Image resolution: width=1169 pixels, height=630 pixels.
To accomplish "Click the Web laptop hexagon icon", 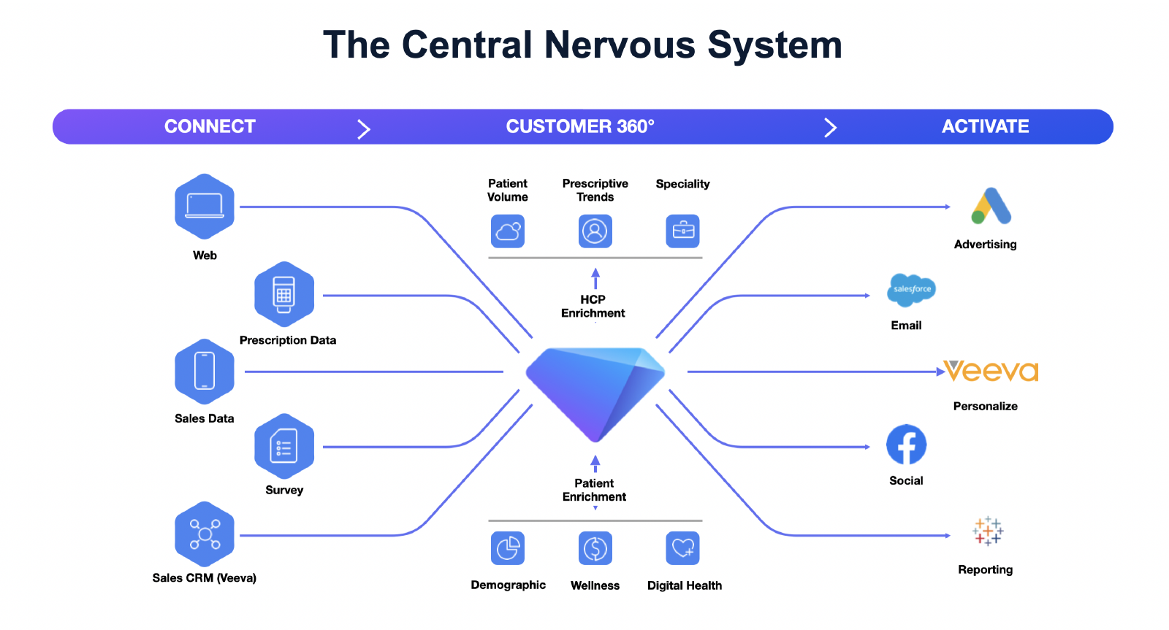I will pyautogui.click(x=205, y=207).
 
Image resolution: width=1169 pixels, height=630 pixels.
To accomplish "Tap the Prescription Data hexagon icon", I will pyautogui.click(x=284, y=295).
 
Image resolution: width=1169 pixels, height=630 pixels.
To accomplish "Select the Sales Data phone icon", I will pyautogui.click(x=205, y=372).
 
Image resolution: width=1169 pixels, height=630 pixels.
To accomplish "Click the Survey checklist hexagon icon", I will pyautogui.click(x=284, y=447).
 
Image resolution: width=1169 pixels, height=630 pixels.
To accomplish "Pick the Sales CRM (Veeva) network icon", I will pyautogui.click(x=205, y=534).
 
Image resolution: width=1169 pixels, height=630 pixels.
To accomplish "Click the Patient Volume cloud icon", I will pyautogui.click(x=508, y=231).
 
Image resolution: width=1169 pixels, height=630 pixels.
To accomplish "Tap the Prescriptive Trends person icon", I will pyautogui.click(x=595, y=231).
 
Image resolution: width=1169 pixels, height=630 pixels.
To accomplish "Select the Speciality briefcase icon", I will pyautogui.click(x=683, y=231).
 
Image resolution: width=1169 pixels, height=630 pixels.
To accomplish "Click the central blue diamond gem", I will pyautogui.click(x=595, y=391).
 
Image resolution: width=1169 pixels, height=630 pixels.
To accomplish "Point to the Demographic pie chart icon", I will pyautogui.click(x=508, y=548).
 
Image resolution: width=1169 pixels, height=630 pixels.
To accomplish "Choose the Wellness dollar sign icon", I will pyautogui.click(x=595, y=548).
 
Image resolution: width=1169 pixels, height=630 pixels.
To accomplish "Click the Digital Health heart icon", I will pyautogui.click(x=683, y=548).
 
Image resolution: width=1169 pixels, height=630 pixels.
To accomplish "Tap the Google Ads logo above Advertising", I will pyautogui.click(x=991, y=207).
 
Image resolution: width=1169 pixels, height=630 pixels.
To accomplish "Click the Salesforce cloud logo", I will pyautogui.click(x=911, y=290).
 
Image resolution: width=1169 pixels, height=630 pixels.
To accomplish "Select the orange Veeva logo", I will pyautogui.click(x=991, y=371).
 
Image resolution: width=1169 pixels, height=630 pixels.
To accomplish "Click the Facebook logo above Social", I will pyautogui.click(x=906, y=445).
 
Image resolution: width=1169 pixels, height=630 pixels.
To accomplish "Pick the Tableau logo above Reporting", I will pyautogui.click(x=988, y=531).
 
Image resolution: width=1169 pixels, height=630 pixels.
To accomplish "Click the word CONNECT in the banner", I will pyautogui.click(x=210, y=126).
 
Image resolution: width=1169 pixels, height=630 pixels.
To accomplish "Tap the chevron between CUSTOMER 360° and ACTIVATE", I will pyautogui.click(x=830, y=128).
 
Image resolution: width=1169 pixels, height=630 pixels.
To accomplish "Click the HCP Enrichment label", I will pyautogui.click(x=593, y=306).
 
